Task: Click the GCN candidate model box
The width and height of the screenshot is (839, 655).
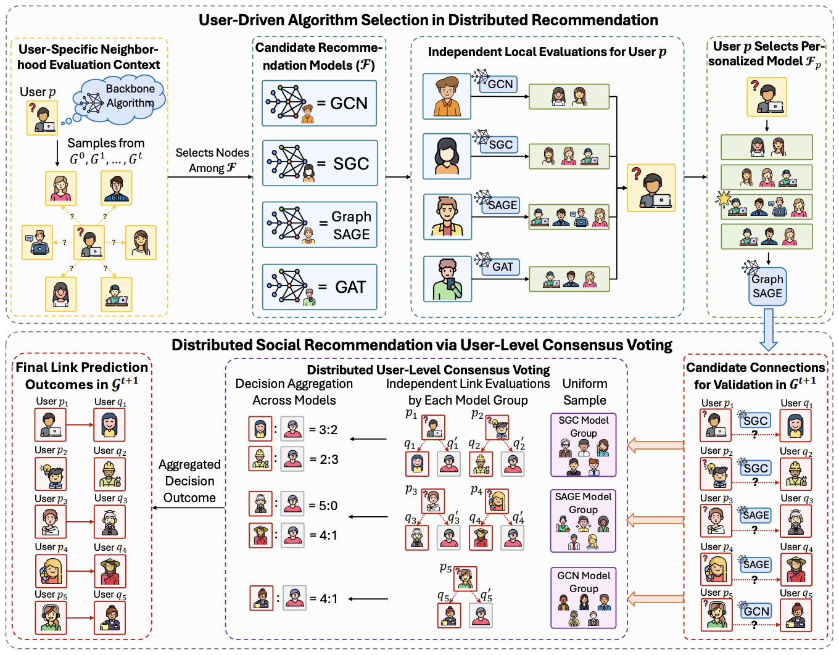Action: (x=319, y=103)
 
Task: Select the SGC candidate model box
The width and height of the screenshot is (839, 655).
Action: (x=319, y=163)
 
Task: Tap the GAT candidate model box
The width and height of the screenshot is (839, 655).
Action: (x=319, y=287)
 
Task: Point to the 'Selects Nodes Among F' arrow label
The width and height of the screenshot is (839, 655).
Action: (x=212, y=160)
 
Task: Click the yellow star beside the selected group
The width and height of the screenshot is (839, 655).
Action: (x=723, y=199)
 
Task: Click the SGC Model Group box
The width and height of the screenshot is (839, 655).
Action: (x=583, y=445)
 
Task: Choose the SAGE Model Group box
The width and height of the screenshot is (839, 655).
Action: (x=583, y=521)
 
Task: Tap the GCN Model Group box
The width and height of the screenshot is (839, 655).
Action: (x=583, y=598)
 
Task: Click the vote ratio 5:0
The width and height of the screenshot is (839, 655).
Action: (x=323, y=506)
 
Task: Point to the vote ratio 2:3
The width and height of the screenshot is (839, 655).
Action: (x=323, y=459)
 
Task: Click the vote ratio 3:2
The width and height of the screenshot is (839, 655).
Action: (x=323, y=430)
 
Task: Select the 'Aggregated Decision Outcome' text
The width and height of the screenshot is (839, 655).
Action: (x=189, y=481)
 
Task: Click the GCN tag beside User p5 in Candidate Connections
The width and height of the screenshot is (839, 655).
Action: (x=756, y=611)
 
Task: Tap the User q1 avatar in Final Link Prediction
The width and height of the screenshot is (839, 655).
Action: (x=109, y=424)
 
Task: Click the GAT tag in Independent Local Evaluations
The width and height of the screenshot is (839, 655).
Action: (x=502, y=267)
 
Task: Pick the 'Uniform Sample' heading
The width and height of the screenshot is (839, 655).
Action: (x=584, y=392)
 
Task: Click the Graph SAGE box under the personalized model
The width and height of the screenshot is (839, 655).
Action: (x=767, y=286)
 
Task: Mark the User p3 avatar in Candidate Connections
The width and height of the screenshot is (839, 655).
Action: (x=716, y=521)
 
